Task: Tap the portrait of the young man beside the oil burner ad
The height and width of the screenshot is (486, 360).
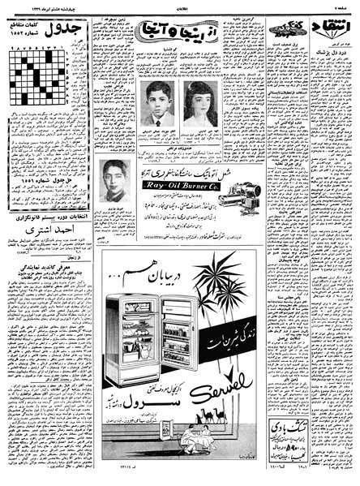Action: tap(115, 179)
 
